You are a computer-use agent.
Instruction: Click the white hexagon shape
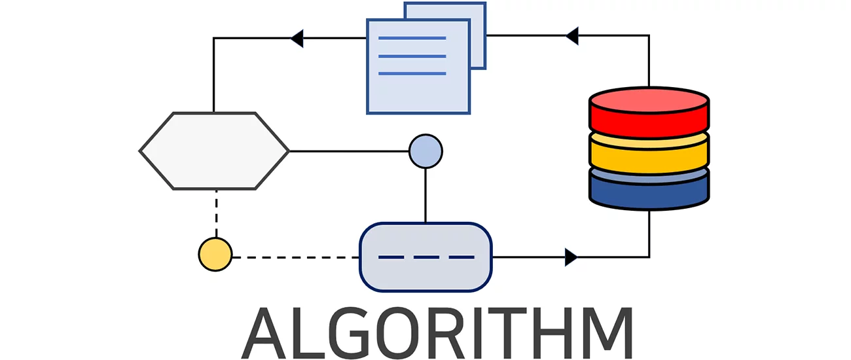point(214,151)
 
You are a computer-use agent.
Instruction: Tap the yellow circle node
point(215,255)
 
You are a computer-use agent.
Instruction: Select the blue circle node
point(426,151)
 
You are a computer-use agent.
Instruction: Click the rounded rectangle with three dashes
point(426,257)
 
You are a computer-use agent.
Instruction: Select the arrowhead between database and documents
point(571,36)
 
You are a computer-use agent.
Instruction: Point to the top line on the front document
point(412,39)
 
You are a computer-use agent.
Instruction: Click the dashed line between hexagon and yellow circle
point(215,213)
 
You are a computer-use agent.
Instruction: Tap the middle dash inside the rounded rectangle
point(426,257)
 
